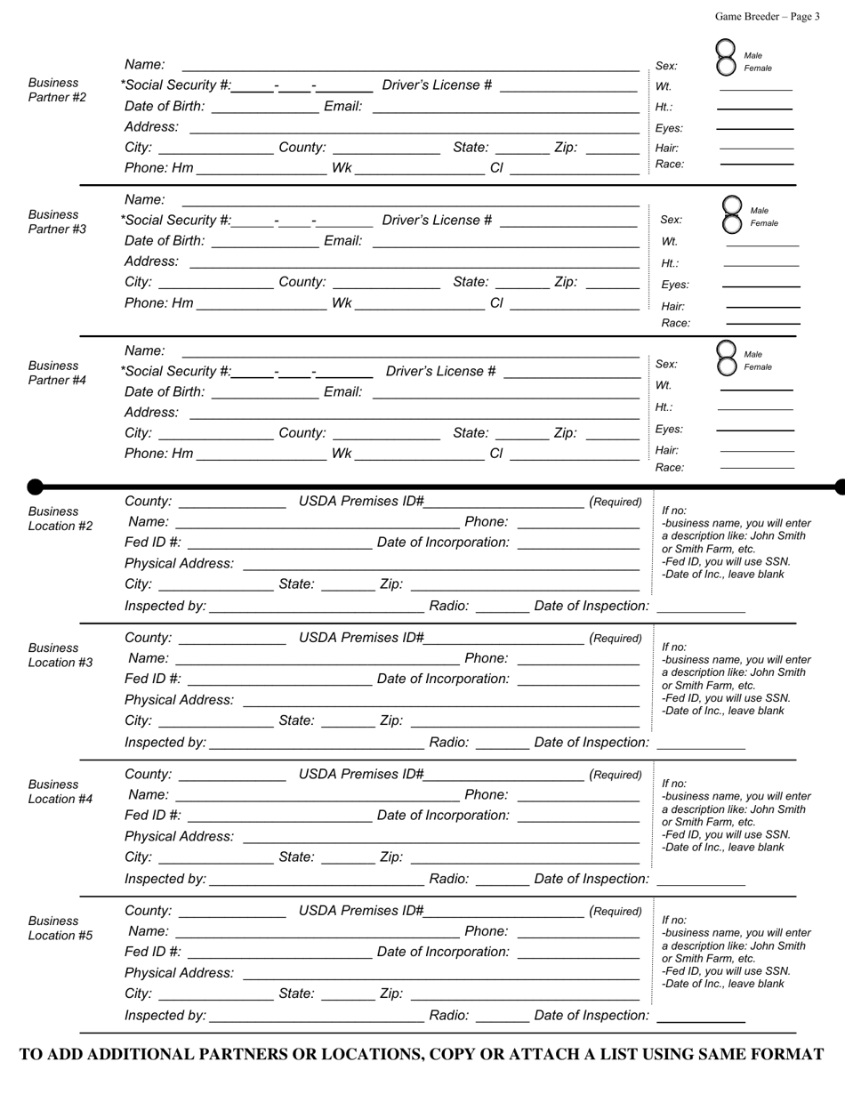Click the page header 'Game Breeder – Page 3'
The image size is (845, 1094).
pos(767,16)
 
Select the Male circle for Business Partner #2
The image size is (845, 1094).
pos(726,50)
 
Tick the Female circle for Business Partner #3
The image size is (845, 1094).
pos(731,222)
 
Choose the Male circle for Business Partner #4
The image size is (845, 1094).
pos(726,350)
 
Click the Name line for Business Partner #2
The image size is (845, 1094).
pos(410,65)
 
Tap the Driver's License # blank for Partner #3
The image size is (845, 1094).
pos(569,221)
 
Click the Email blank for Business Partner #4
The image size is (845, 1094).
pos(505,392)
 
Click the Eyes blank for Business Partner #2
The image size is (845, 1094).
pos(755,128)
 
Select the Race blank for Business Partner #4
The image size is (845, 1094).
pos(757,467)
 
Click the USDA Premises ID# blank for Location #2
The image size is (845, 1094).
pos(503,502)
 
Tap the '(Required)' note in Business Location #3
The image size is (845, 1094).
pos(616,639)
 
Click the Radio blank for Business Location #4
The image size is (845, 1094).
pos(503,879)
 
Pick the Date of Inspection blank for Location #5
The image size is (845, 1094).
pos(700,1016)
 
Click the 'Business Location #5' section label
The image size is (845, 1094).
pos(60,928)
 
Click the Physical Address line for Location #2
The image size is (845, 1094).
pos(441,564)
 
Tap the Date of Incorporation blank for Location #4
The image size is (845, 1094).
pos(577,816)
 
